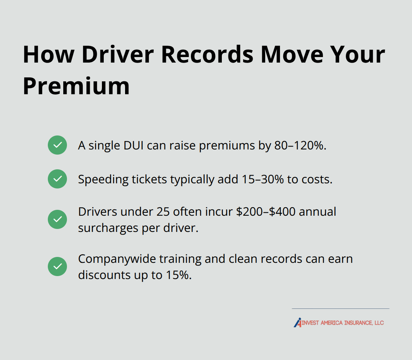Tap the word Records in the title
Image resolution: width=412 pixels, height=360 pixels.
click(207, 54)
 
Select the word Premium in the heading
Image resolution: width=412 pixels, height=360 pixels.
click(76, 87)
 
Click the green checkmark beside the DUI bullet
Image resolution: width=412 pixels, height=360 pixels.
click(57, 145)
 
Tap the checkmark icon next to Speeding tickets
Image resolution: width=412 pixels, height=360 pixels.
click(57, 179)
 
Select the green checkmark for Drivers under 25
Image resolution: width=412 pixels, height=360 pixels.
click(57, 219)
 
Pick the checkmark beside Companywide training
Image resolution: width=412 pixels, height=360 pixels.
click(57, 267)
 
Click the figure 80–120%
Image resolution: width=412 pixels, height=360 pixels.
click(300, 145)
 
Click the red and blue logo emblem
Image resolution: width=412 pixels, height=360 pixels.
click(298, 322)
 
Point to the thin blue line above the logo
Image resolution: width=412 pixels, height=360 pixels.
click(340, 308)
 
